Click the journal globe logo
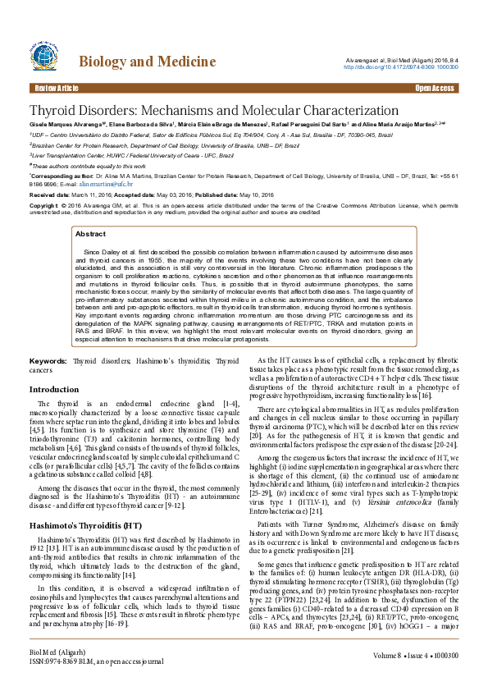point(48,59)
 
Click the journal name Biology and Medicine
point(147,62)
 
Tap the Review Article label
point(56,88)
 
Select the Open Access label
point(434,88)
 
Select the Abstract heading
point(90,234)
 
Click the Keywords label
point(48,360)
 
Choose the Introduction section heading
point(54,389)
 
